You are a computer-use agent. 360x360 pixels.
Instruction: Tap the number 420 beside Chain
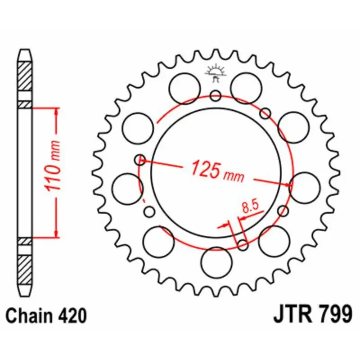pyautogui.click(x=70, y=316)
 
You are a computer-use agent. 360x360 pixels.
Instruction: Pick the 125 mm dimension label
pyautogui.click(x=217, y=171)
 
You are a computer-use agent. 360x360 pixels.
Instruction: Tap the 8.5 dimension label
pyautogui.click(x=251, y=207)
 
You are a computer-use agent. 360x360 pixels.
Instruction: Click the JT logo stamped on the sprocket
pyautogui.click(x=216, y=73)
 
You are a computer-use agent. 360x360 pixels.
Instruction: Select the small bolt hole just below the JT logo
pyautogui.click(x=216, y=95)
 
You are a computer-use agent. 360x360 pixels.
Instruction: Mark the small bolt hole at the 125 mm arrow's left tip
pyautogui.click(x=140, y=160)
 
